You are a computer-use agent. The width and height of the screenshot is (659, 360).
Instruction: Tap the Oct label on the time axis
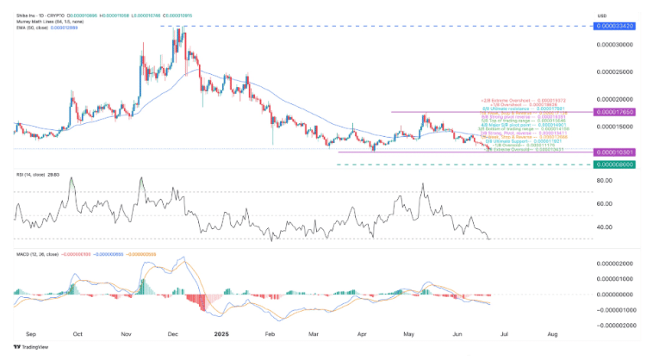pyautogui.click(x=78, y=333)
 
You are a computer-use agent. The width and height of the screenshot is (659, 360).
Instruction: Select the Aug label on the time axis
pyautogui.click(x=551, y=333)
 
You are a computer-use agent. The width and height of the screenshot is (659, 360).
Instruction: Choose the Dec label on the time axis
pyautogui.click(x=172, y=333)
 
